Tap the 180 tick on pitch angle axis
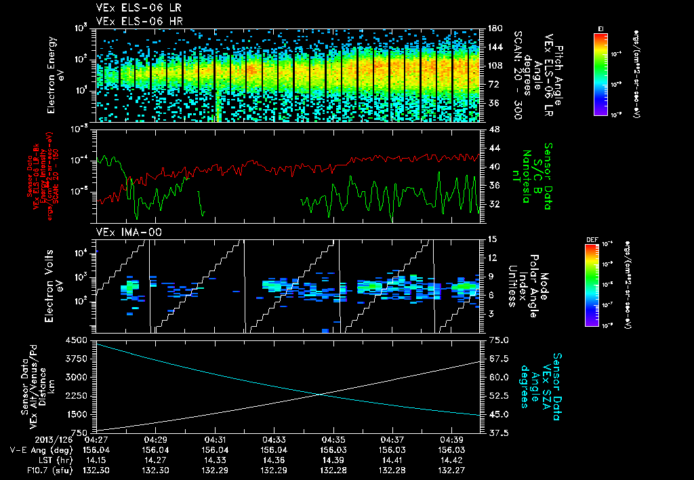tap(493, 29)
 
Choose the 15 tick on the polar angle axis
tap(492, 239)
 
